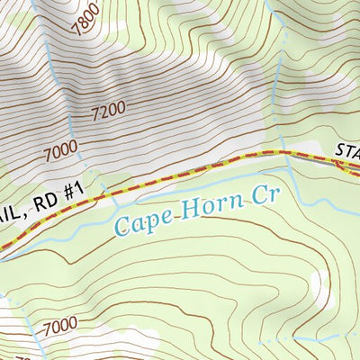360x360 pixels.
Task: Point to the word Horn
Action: [209, 207]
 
